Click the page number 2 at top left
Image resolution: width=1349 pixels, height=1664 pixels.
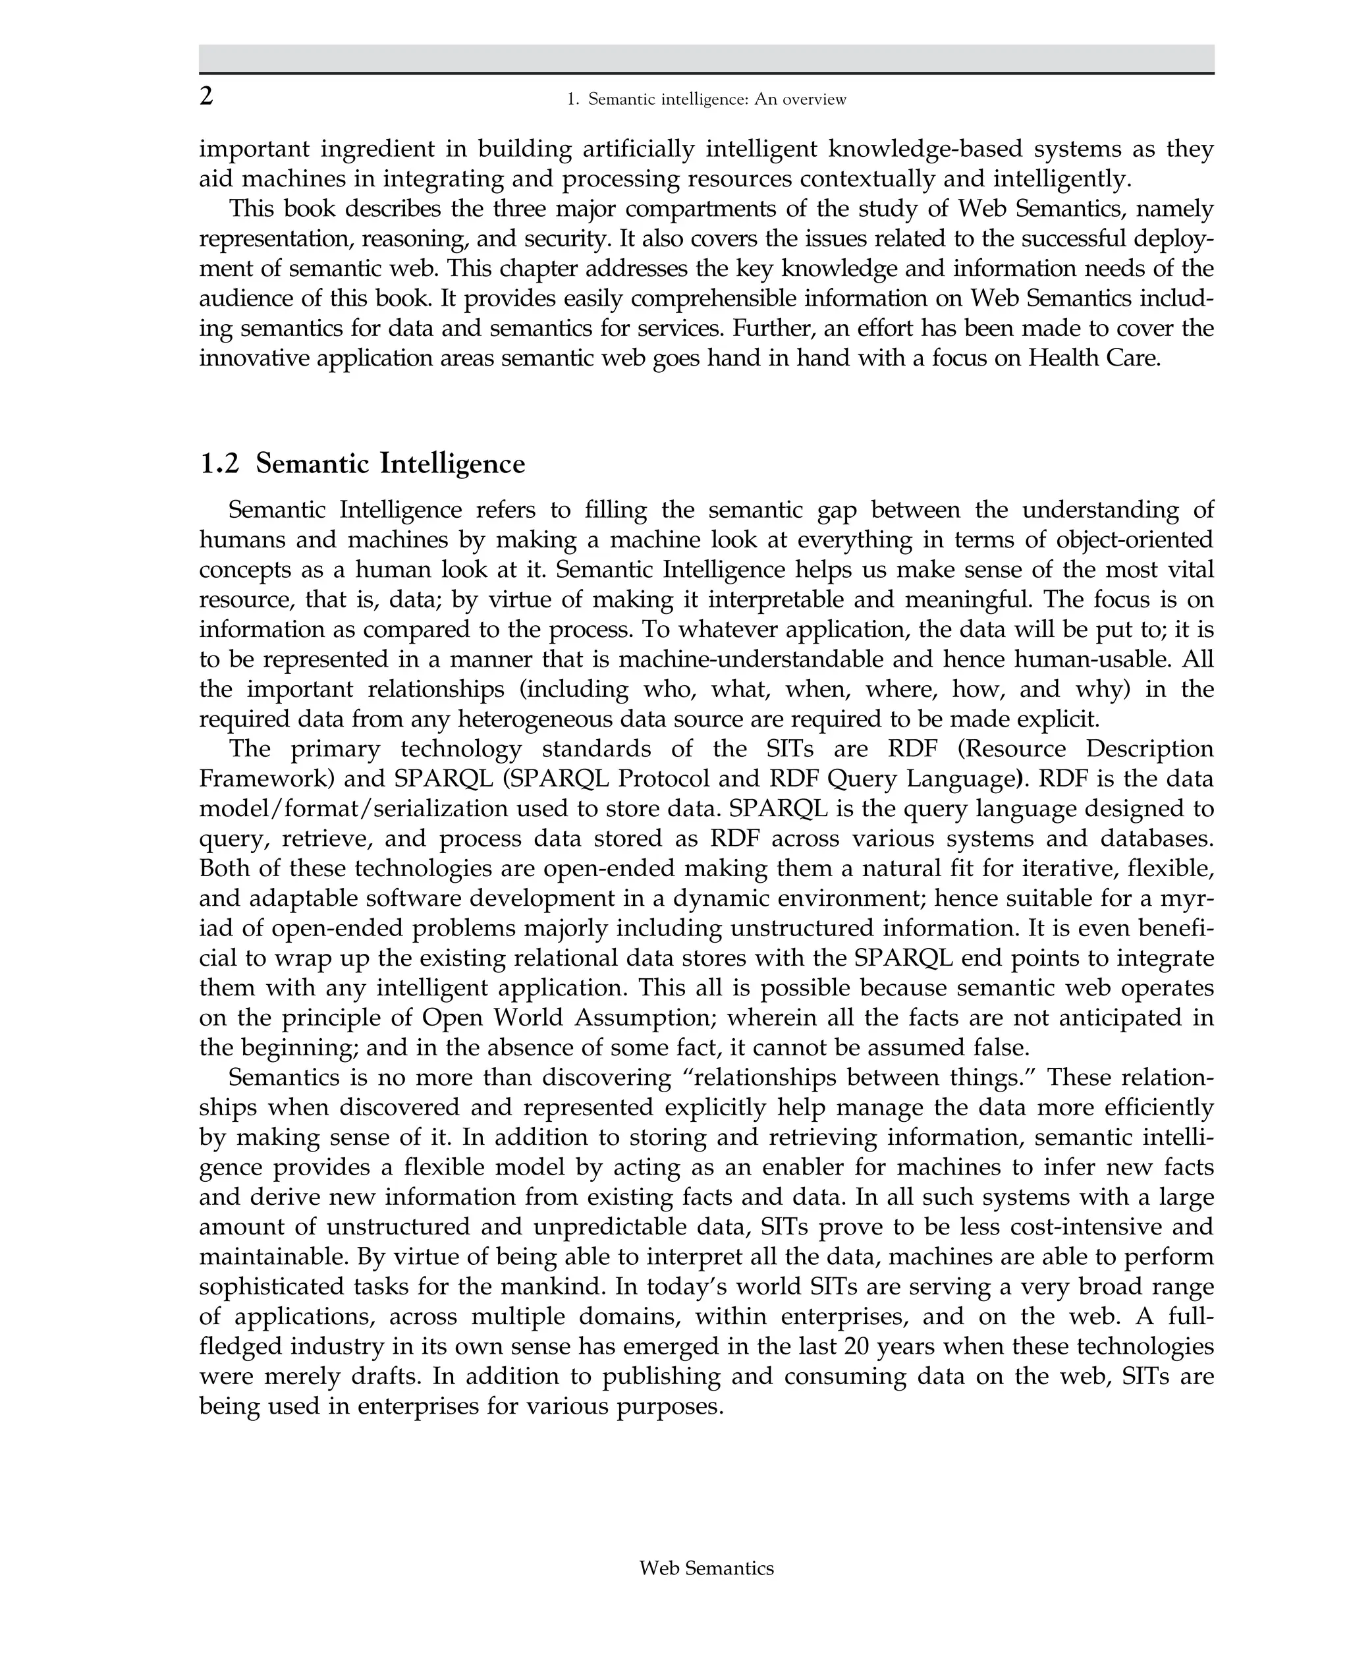coord(206,96)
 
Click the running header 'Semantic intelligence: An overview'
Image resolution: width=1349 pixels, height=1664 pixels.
coord(717,99)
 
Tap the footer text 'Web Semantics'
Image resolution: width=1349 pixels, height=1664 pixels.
coord(705,1568)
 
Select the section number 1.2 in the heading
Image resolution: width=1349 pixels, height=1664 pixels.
coord(219,464)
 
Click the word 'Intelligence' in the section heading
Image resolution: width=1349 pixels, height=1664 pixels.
coord(453,464)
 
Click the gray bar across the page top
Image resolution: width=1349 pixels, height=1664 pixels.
coord(705,58)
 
